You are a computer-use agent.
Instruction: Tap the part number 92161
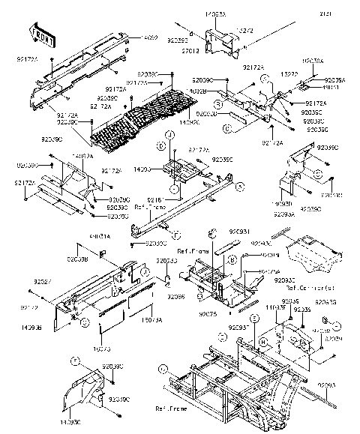coord(155,199)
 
